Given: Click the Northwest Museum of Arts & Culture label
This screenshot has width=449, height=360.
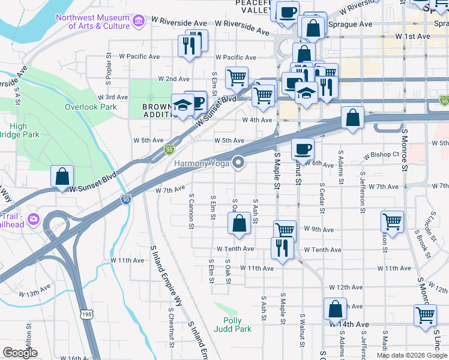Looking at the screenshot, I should tap(93, 22).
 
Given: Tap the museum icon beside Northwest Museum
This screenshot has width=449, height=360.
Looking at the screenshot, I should tap(139, 22).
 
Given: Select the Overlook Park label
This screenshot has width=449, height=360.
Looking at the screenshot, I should tap(91, 107).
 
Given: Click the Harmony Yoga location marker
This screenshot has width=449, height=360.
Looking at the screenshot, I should tap(239, 163).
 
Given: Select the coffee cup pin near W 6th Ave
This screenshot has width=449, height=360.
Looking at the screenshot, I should tap(303, 148).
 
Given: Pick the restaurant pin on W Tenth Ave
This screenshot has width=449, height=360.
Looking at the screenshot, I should tap(282, 247).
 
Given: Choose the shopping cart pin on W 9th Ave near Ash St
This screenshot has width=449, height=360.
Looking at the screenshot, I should tap(285, 231).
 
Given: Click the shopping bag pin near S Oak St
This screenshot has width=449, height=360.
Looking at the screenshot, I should tap(239, 224).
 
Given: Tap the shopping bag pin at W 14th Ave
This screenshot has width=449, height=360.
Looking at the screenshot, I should tap(335, 310).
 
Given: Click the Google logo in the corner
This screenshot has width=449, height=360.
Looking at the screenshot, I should tap(20, 353).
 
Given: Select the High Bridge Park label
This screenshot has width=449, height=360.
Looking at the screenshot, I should tap(24, 130).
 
